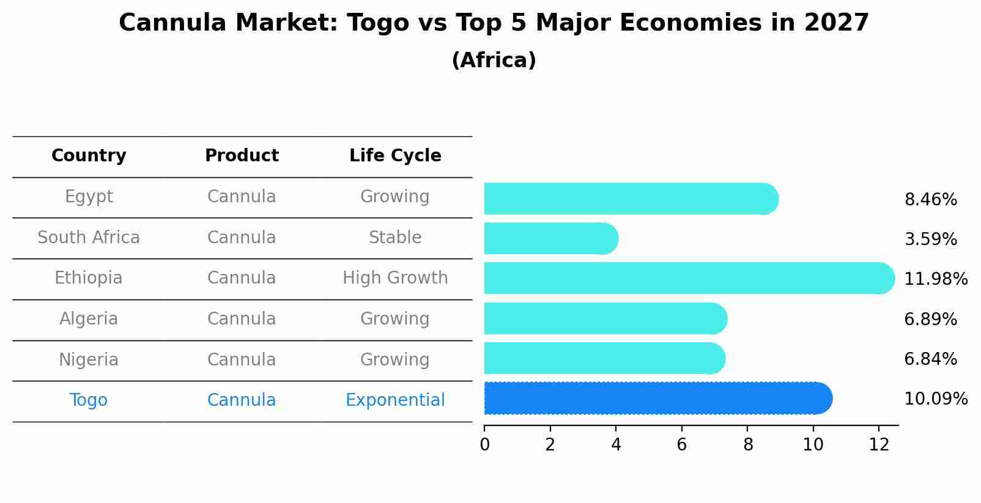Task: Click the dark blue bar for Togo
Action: click(657, 398)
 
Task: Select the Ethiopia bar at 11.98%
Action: click(688, 278)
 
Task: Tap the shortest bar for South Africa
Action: click(550, 238)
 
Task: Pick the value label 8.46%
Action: click(930, 200)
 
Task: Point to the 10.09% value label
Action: click(935, 399)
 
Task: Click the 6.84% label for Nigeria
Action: click(930, 359)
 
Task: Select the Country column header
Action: click(89, 156)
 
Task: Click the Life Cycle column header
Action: click(395, 156)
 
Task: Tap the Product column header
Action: click(242, 156)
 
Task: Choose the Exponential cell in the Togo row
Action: click(395, 400)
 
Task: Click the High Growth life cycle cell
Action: click(395, 278)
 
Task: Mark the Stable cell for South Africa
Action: click(395, 237)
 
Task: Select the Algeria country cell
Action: click(89, 318)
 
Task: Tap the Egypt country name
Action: click(89, 196)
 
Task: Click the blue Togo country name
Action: click(89, 400)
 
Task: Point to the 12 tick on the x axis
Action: click(879, 445)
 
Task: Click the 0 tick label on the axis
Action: click(484, 445)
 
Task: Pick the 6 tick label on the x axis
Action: click(681, 445)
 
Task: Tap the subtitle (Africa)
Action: click(494, 61)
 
